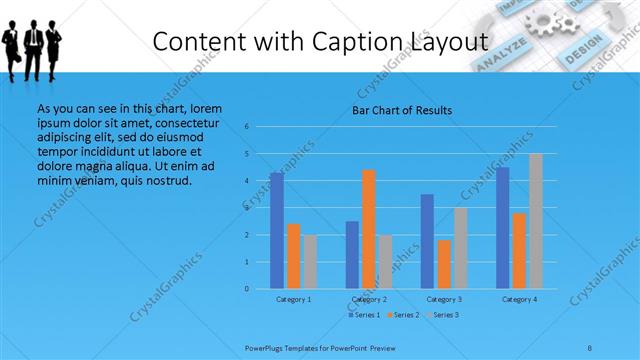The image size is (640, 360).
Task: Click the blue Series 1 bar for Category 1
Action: tap(277, 231)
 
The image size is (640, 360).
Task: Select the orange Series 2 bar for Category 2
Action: tap(369, 229)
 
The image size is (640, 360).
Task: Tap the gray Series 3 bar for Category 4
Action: tap(536, 221)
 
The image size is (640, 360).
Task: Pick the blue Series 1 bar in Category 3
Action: tap(427, 241)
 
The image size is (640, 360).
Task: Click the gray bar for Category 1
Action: tap(310, 262)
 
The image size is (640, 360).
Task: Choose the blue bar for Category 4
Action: tap(503, 228)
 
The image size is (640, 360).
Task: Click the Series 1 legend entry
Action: tap(364, 315)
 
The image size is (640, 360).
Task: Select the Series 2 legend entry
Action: tap(403, 315)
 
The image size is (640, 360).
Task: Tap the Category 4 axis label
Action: tap(519, 299)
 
